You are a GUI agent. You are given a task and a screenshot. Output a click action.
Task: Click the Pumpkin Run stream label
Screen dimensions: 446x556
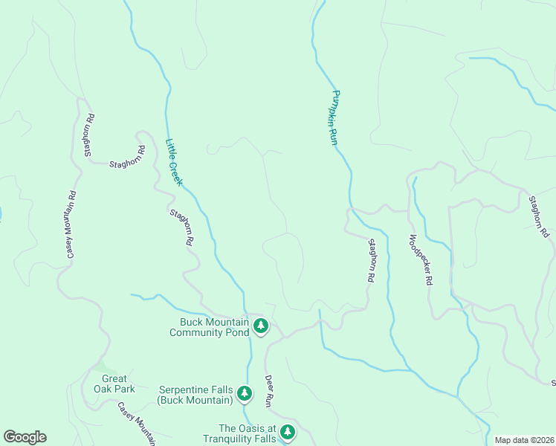point(334,117)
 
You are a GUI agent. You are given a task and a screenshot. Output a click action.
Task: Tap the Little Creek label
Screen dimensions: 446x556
point(174,162)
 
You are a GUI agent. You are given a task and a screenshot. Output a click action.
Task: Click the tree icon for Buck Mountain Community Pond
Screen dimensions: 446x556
point(260,326)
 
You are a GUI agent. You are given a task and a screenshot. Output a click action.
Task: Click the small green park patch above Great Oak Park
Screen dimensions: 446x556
point(105,369)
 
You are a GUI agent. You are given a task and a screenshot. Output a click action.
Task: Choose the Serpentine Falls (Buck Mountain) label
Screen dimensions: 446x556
point(195,395)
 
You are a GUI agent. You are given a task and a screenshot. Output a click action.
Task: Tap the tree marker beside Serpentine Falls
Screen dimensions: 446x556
point(244,395)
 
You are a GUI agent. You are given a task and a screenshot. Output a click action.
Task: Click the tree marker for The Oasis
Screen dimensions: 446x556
point(287,432)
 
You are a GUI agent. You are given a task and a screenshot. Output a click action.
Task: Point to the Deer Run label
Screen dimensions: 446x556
point(269,390)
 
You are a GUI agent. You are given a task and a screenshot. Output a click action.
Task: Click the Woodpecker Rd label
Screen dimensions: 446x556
point(419,261)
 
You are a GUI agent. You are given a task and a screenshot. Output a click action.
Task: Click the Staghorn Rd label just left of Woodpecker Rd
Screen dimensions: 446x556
point(369,260)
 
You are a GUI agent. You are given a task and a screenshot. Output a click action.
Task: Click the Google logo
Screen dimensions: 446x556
point(25,437)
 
